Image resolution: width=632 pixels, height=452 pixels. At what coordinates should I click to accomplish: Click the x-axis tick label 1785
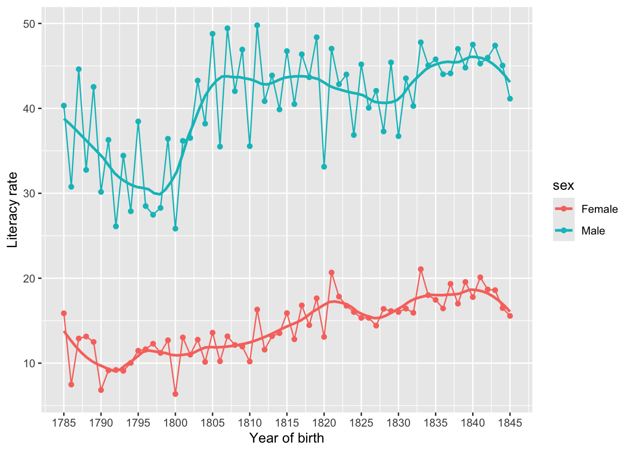pos(63,422)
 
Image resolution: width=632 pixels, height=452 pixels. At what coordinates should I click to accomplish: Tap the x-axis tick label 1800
pos(175,422)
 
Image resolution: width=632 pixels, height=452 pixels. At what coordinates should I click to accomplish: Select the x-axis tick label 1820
pos(324,422)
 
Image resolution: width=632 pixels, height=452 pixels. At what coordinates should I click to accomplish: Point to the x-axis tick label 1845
pos(510,422)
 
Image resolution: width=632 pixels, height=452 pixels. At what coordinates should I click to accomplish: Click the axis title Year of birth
pos(286,438)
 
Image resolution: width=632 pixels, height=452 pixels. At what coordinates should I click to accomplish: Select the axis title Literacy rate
pos(13,210)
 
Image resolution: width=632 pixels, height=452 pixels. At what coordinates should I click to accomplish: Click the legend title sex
pos(563,186)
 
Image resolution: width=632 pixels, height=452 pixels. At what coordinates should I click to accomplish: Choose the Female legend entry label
pos(600,209)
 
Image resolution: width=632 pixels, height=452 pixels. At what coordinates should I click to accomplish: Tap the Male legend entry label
pos(593,231)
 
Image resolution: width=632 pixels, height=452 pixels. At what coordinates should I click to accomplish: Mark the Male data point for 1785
pos(64,106)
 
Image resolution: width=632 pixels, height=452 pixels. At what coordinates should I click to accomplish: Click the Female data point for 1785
pos(64,313)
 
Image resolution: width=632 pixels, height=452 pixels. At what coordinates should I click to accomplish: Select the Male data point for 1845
pos(510,98)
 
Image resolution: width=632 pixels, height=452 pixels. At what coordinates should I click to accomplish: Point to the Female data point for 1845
pos(510,316)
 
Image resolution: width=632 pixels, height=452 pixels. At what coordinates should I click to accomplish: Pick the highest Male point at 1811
pos(257,25)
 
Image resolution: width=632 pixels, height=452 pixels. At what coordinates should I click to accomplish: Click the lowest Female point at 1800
pos(175,394)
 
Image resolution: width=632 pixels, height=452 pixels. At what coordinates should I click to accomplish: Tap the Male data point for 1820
pos(324,167)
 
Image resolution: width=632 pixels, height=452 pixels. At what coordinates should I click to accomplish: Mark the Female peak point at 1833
pos(420,269)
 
